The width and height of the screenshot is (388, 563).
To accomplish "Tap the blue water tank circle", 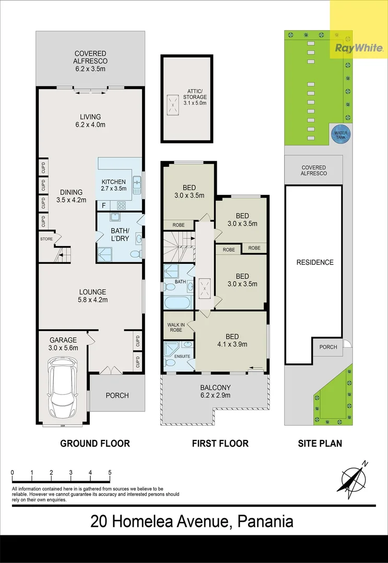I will (x=340, y=134).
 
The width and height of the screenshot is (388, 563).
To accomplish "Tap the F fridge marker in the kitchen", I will (x=104, y=205).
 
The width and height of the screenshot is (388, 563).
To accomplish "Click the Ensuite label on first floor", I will (x=183, y=356).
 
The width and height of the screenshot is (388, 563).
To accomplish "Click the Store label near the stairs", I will (x=46, y=239).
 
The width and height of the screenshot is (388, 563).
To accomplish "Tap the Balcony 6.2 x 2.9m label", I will (x=215, y=391).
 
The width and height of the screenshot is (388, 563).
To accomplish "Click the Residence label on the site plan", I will (x=314, y=262).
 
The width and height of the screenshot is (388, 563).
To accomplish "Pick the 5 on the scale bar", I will (x=110, y=473).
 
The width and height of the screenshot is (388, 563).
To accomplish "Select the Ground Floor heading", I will (x=95, y=444).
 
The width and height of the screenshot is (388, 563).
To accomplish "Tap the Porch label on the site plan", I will (x=327, y=347).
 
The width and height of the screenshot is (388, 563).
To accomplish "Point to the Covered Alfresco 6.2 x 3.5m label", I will (x=90, y=57).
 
